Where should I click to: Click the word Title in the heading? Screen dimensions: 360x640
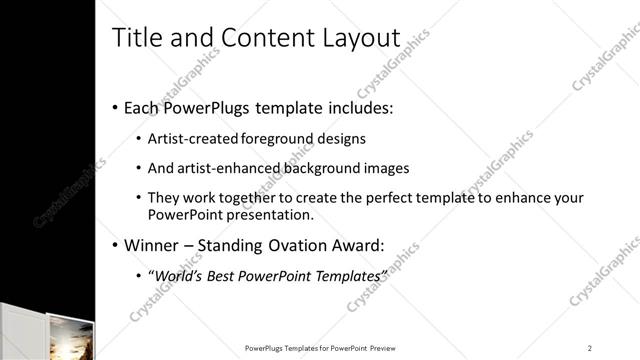[135, 37]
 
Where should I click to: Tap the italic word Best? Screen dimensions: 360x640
[224, 275]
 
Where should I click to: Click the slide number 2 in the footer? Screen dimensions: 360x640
[590, 348]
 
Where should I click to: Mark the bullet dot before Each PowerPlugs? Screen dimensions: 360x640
[115, 107]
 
